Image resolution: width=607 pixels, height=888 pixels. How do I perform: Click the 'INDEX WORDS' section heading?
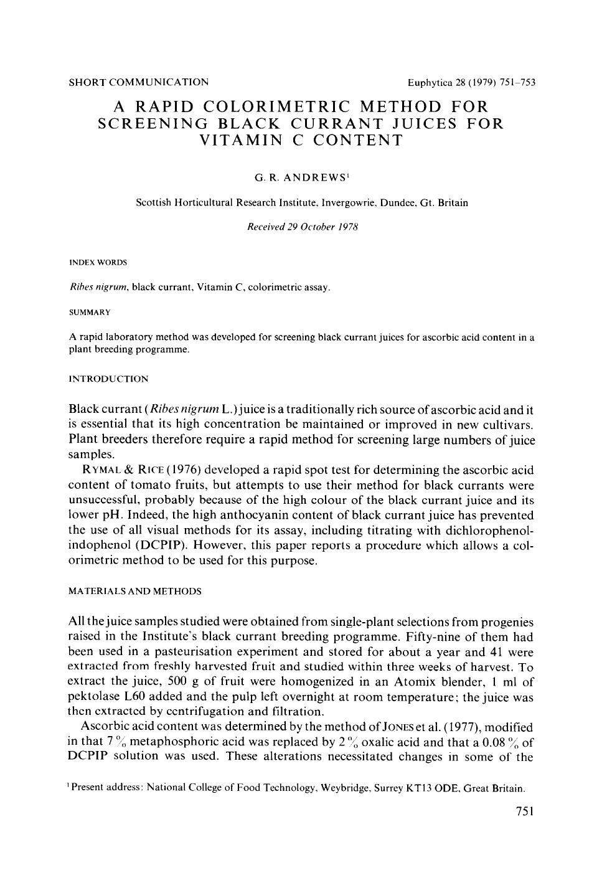click(x=98, y=263)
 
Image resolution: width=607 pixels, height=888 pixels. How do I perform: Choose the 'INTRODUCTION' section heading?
click(x=108, y=379)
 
